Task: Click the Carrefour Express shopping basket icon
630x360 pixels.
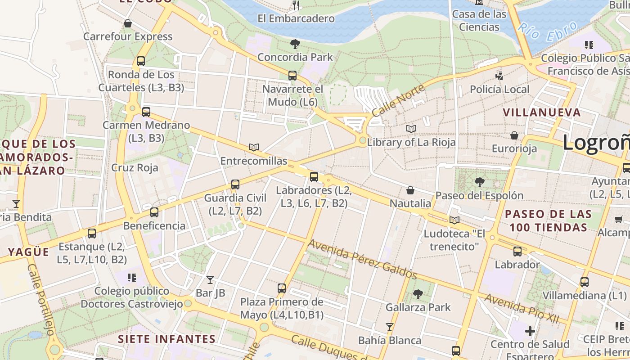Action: click(128, 23)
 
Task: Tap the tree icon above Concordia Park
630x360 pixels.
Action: click(295, 44)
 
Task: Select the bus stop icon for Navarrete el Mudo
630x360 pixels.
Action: click(292, 76)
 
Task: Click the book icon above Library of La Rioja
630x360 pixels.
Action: click(411, 129)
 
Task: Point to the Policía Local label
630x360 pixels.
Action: click(499, 89)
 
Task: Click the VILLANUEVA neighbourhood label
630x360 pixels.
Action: click(542, 112)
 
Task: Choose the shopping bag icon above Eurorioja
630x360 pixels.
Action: click(514, 135)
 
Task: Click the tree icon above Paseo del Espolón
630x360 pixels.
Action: click(480, 182)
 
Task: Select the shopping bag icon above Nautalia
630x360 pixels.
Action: click(410, 190)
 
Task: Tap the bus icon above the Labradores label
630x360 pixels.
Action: click(314, 177)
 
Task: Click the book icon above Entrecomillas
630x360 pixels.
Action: click(254, 148)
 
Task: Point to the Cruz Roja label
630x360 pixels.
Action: click(135, 168)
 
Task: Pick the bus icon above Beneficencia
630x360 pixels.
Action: click(154, 212)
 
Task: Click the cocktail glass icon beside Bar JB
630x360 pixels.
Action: click(210, 280)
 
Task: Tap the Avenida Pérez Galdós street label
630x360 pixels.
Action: click(362, 259)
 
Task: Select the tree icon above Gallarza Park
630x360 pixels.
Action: click(418, 294)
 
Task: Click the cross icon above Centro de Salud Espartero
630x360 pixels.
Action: click(530, 332)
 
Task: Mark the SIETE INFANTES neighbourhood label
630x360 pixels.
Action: click(166, 339)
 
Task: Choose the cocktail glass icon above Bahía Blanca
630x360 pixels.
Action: click(390, 327)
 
